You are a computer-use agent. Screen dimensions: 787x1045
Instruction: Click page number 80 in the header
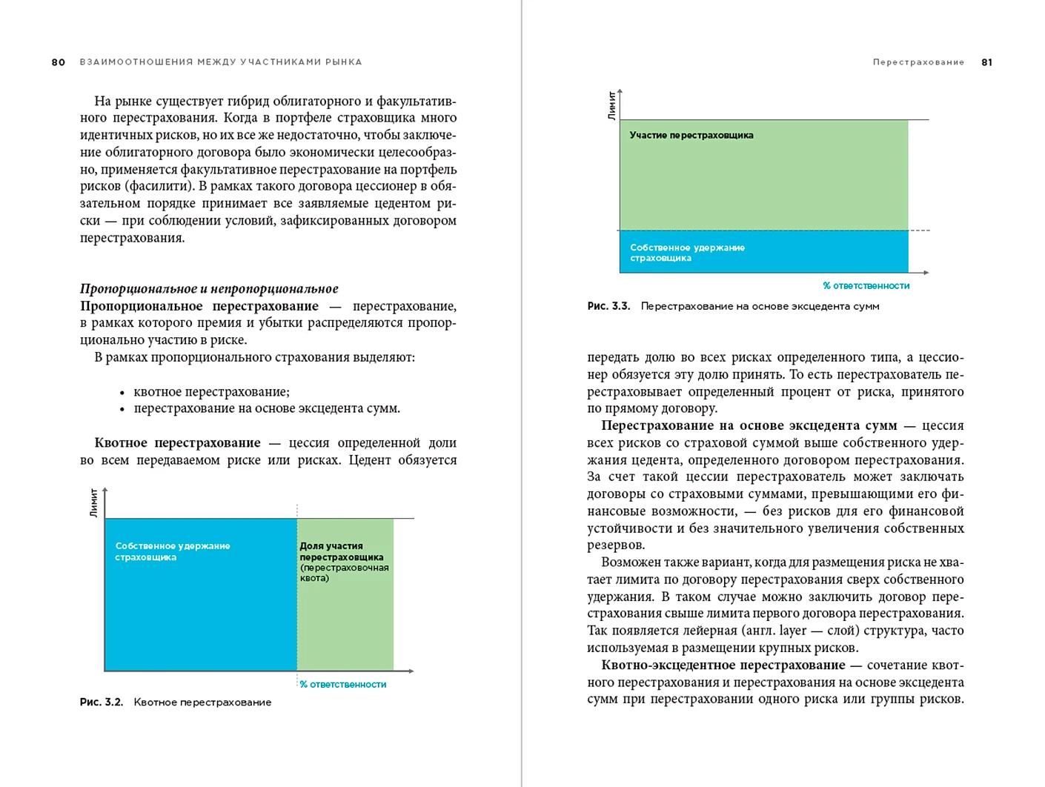pos(59,62)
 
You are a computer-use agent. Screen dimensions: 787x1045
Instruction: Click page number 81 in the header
pos(986,62)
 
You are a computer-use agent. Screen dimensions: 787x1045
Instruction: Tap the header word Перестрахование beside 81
pos(918,62)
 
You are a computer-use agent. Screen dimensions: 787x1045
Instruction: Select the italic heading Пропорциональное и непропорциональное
pos(209,289)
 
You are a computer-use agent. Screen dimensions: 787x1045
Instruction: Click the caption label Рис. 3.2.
pos(102,702)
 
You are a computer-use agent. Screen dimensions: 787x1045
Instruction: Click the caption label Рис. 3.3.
pos(608,306)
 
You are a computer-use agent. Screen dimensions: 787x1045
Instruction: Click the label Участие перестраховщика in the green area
pos(691,136)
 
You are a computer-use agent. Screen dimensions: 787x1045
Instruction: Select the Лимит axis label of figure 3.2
pos(94,502)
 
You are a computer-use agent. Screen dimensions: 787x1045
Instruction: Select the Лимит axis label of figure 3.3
pos(611,105)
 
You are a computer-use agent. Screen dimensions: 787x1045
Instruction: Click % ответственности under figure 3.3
pos(866,286)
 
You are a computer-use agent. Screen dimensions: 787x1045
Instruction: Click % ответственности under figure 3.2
pos(342,685)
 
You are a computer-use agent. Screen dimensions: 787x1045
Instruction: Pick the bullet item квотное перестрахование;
pos(211,391)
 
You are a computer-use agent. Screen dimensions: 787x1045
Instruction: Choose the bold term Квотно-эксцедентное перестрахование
pos(723,665)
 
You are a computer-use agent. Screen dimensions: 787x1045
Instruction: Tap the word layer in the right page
pos(792,631)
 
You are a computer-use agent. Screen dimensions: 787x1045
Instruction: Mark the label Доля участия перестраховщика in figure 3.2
pos(341,551)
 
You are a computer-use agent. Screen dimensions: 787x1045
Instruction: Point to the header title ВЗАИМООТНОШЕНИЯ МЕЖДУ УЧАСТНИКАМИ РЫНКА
pos(221,62)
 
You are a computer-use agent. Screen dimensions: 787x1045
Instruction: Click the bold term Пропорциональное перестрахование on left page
pos(199,306)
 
